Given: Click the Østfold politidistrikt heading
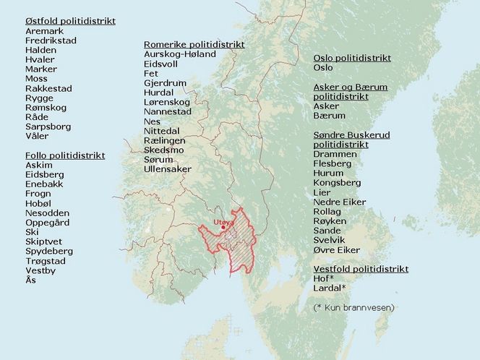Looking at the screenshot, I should tap(70, 21).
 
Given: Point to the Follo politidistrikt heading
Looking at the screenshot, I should tap(65, 155).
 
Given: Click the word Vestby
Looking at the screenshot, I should tap(40, 270).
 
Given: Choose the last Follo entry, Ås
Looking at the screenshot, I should tap(30, 280).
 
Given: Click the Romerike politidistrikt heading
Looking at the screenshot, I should tap(194, 44).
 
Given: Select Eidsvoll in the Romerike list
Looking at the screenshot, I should tap(163, 64).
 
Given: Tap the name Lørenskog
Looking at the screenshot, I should tap(167, 102).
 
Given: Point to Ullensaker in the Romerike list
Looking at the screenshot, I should tap(168, 168).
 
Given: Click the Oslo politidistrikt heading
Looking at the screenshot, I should tap(352, 58).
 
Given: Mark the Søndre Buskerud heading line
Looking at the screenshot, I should tap(350, 135).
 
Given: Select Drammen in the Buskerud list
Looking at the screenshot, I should tap(335, 154).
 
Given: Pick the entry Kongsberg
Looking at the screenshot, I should tap(337, 183).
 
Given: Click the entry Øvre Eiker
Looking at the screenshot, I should tap(336, 249).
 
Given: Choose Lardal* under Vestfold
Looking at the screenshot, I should tap(330, 288).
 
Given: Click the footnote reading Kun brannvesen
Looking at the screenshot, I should tap(353, 307).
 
